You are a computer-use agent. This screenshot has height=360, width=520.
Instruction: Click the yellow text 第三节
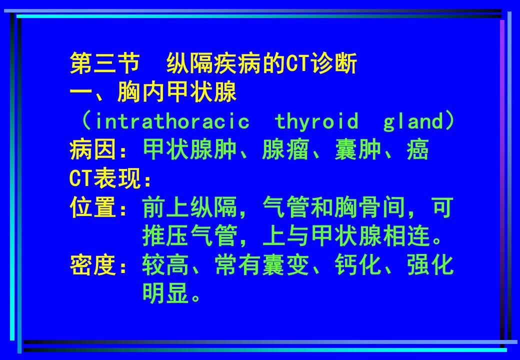pyautogui.click(x=104, y=64)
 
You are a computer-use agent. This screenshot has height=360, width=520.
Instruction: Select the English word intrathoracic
pyautogui.click(x=171, y=121)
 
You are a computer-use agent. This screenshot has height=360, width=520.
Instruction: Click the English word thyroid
pyautogui.click(x=316, y=121)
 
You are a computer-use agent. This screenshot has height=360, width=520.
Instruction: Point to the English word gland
pyautogui.click(x=413, y=121)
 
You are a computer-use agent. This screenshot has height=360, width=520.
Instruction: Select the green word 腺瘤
pyautogui.click(x=286, y=150)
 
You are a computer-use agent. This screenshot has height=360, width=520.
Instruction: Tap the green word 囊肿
pyautogui.click(x=358, y=150)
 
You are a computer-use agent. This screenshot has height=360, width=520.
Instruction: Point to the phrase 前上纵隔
pyautogui.click(x=189, y=208)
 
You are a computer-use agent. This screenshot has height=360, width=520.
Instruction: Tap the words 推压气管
pyautogui.click(x=189, y=236)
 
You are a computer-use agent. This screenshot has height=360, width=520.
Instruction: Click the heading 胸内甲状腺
pyautogui.click(x=177, y=92)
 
